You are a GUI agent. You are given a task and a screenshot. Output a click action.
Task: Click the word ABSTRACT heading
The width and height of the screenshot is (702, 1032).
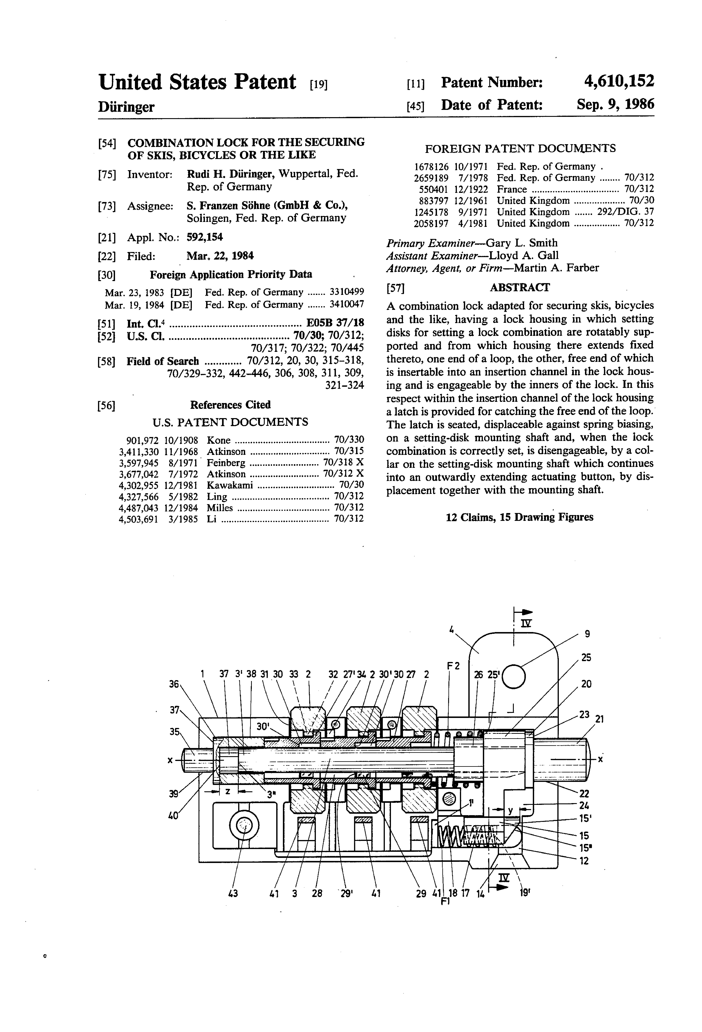point(520,287)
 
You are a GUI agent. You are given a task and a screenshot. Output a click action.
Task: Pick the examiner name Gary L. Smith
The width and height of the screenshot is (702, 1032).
point(522,243)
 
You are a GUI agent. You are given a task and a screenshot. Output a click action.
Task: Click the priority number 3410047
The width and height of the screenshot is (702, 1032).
point(346,304)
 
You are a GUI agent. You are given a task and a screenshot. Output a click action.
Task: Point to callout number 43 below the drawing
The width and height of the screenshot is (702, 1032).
point(232,893)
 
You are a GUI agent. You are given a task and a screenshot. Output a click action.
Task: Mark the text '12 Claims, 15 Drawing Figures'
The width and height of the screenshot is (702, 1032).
point(519,517)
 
